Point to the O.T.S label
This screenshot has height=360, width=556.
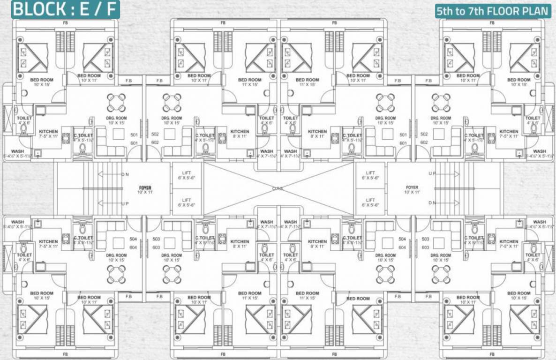coord(278,188)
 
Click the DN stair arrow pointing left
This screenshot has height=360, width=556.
coord(112,174)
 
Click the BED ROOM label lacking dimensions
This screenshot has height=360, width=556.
coord(358,298)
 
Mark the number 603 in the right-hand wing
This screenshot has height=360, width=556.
coord(425,247)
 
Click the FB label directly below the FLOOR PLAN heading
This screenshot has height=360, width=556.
coord(492,22)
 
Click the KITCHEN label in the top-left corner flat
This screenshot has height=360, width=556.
coord(48,132)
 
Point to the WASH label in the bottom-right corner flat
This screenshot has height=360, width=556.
coord(539,222)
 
